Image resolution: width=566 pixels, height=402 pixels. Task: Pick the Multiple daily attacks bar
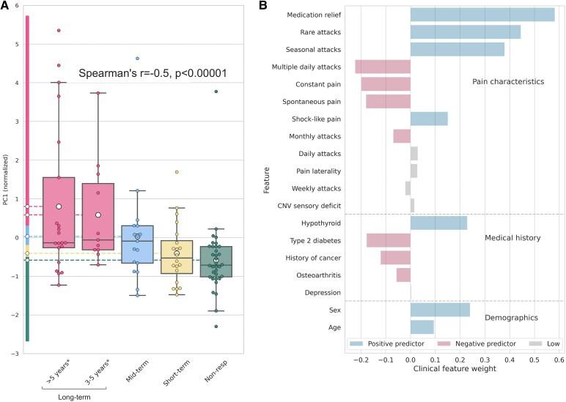[x=382, y=67]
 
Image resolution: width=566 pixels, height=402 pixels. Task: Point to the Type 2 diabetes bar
[x=388, y=240]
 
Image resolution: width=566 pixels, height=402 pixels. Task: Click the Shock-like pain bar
[x=429, y=119]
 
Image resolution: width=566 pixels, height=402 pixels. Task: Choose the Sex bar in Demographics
[x=440, y=310]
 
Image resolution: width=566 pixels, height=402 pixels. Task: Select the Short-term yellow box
[x=176, y=257]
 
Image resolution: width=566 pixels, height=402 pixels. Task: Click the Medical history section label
[x=512, y=237]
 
